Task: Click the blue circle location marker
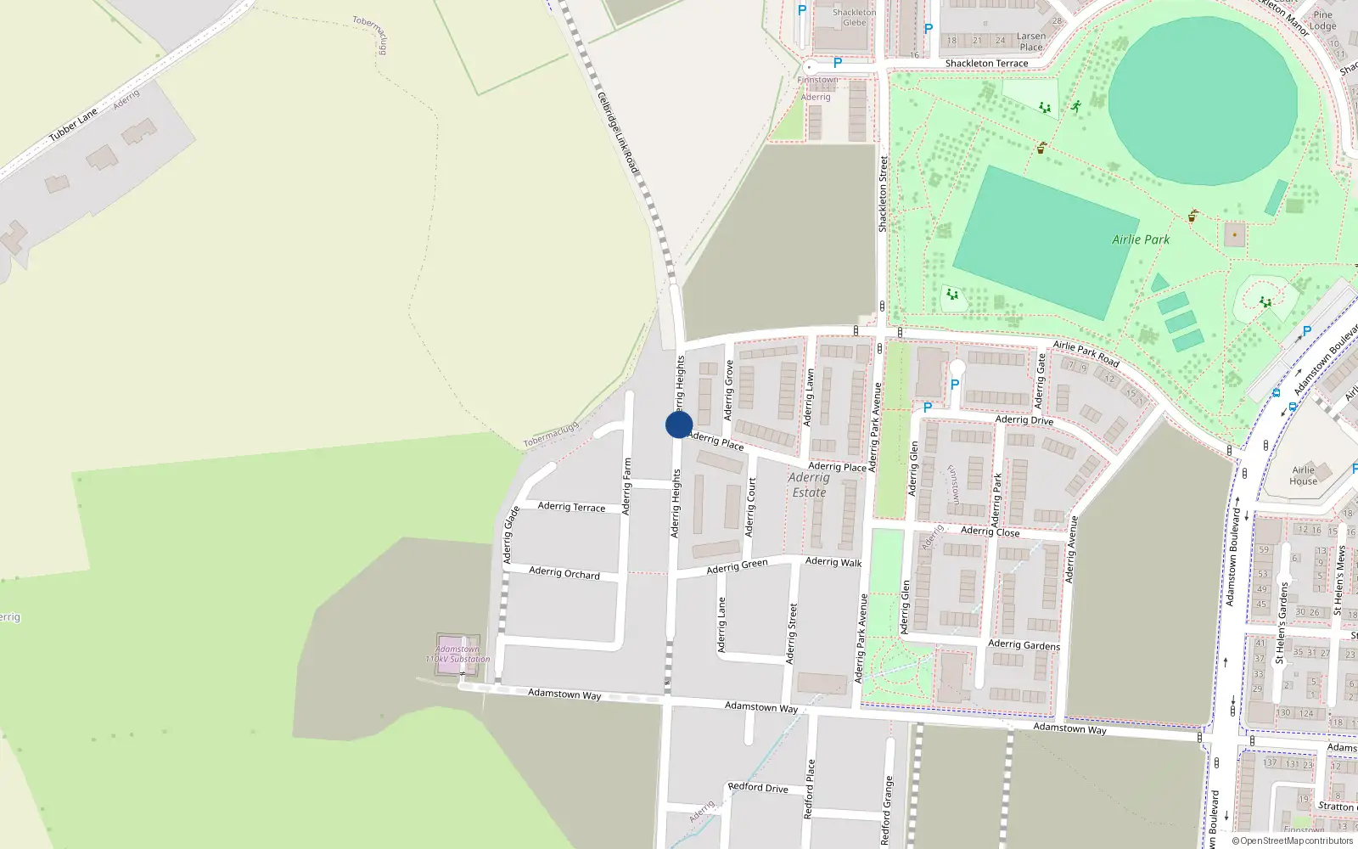[x=678, y=424]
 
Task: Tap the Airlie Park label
[x=1141, y=239]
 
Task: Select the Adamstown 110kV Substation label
[x=457, y=654]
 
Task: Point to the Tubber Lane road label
[x=73, y=125]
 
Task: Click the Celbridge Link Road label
[x=618, y=133]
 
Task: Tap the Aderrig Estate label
[x=809, y=485]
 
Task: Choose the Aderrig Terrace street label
[x=571, y=507]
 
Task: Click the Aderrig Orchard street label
[x=564, y=573]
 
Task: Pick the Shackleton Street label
[x=883, y=194]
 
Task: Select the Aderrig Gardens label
[x=1024, y=645]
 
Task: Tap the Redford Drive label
[x=758, y=787]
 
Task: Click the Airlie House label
[x=1304, y=475]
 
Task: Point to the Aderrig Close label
[x=990, y=531]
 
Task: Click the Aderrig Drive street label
[x=1024, y=420]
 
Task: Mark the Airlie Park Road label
[x=1086, y=353]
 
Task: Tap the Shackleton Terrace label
[x=986, y=64]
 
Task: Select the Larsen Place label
[x=1031, y=42]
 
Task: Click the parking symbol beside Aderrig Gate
[x=955, y=385]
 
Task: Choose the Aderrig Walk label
[x=833, y=562]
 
